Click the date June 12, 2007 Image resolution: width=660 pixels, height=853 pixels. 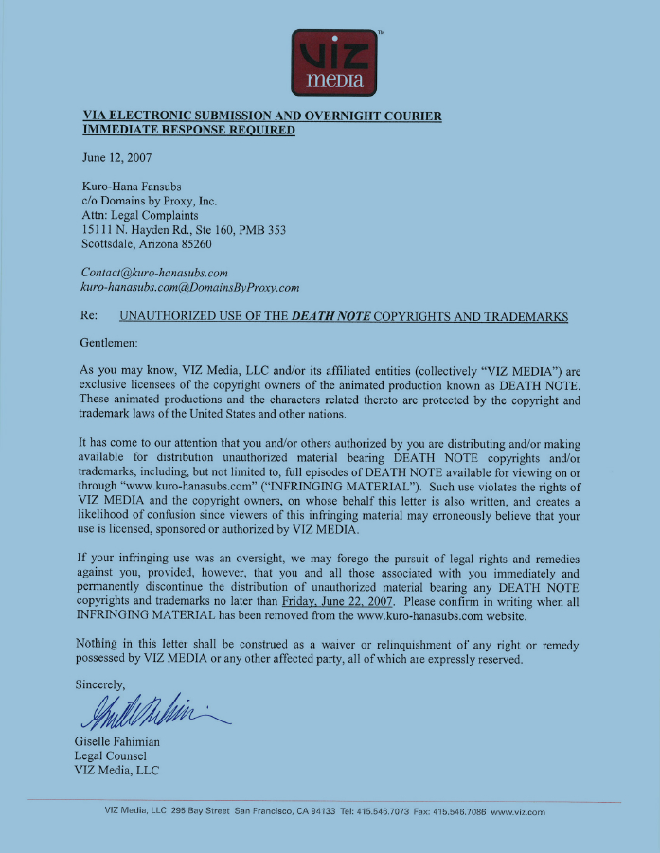pyautogui.click(x=116, y=157)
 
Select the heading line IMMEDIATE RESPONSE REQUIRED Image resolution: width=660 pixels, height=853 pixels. pyautogui.click(x=188, y=131)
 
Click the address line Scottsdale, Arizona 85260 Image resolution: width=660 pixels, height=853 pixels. pyautogui.click(x=146, y=244)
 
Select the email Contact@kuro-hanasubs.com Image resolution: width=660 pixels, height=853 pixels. pyautogui.click(x=155, y=273)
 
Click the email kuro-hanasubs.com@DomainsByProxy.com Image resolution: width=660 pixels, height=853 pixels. pyautogui.click(x=190, y=287)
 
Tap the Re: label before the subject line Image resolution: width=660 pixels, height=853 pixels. pyautogui.click(x=92, y=316)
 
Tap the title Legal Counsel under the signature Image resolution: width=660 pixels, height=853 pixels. pyautogui.click(x=110, y=755)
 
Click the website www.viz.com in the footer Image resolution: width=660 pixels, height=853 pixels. pyautogui.click(x=518, y=812)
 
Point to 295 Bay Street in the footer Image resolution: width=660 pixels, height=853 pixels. pyautogui.click(x=202, y=812)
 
